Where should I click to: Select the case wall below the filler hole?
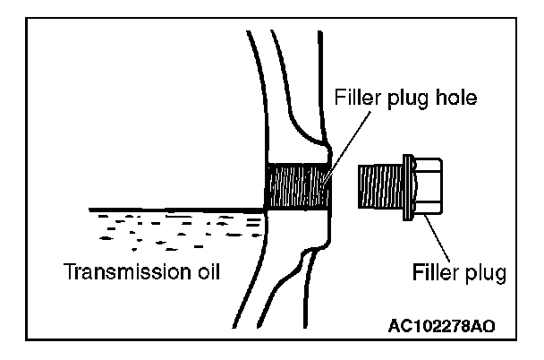[x=291, y=269]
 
